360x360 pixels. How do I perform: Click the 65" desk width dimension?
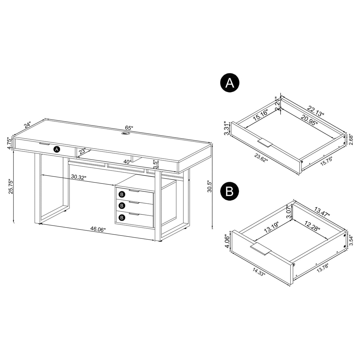[x=129, y=128]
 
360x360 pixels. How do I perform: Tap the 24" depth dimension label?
[x=28, y=125]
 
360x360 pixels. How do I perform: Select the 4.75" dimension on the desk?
[x=9, y=143]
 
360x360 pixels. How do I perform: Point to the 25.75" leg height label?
[x=10, y=186]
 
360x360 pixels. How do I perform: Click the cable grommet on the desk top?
[x=126, y=134]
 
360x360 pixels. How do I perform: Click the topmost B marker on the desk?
[x=122, y=195]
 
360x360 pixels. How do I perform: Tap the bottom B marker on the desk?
[x=122, y=217]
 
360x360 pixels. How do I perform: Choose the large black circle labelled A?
[x=229, y=83]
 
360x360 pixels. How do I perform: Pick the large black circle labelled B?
[x=229, y=192]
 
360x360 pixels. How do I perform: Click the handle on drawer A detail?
[x=265, y=143]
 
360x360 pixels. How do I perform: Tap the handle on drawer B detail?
[x=261, y=249]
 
